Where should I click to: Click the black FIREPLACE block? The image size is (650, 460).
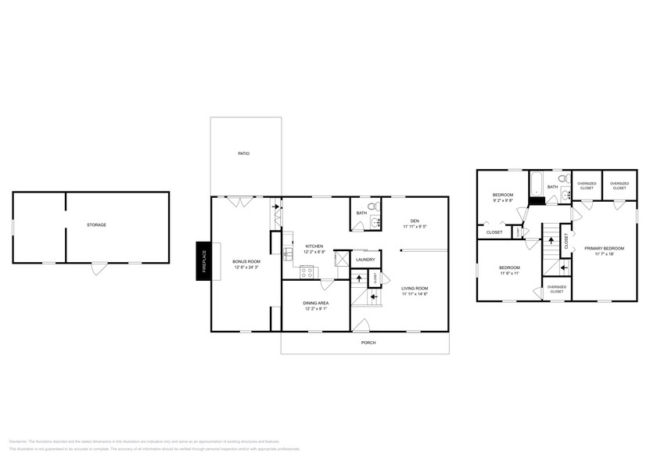pyautogui.click(x=201, y=261)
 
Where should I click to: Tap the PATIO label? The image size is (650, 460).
pyautogui.click(x=244, y=153)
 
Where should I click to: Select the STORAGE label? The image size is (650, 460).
pyautogui.click(x=96, y=225)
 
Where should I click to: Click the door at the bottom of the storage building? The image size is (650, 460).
pyautogui.click(x=98, y=268)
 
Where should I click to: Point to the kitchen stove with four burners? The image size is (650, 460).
pyautogui.click(x=307, y=272)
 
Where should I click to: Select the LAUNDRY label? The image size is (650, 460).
pyautogui.click(x=365, y=260)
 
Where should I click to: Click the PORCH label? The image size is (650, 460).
pyautogui.click(x=368, y=343)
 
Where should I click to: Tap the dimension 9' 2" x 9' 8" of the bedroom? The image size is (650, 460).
pyautogui.click(x=502, y=201)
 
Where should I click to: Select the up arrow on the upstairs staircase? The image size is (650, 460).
pyautogui.click(x=550, y=237)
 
